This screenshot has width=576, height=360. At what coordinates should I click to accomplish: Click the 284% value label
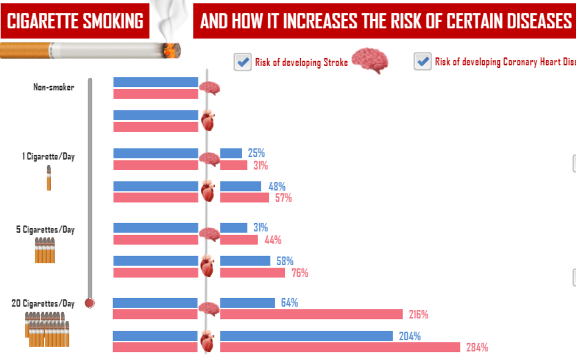click(x=477, y=348)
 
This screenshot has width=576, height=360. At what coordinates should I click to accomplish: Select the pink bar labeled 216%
click(x=311, y=315)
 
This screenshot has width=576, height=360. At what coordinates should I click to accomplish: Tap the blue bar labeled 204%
click(x=306, y=336)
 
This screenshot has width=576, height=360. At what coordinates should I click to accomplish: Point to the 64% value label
click(x=289, y=303)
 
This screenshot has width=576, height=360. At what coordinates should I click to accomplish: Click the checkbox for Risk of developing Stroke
click(x=243, y=62)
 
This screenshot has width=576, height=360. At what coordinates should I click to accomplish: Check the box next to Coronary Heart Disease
click(x=423, y=62)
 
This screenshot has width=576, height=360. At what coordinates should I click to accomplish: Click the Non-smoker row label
click(x=53, y=87)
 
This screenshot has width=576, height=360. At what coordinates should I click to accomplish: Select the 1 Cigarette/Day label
click(x=48, y=157)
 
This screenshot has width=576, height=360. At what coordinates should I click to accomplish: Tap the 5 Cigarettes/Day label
click(x=45, y=230)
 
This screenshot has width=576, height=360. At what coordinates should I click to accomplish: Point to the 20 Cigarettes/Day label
click(x=43, y=303)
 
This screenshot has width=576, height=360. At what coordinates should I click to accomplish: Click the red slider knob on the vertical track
click(x=90, y=303)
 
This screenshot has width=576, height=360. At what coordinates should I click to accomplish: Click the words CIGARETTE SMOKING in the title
click(x=75, y=21)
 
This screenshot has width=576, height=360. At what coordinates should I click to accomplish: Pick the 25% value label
click(x=256, y=154)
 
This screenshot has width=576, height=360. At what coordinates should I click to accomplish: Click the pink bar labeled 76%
click(x=252, y=273)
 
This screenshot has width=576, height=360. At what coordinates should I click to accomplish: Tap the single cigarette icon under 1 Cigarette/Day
click(x=49, y=178)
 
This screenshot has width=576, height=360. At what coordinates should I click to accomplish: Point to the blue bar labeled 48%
click(x=241, y=186)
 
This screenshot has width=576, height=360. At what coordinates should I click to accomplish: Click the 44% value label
click(x=273, y=240)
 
